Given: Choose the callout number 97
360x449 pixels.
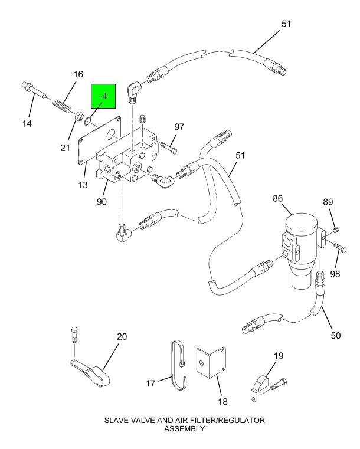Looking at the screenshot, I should pyautogui.click(x=179, y=127).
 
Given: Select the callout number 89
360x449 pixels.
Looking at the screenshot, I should pyautogui.click(x=329, y=202).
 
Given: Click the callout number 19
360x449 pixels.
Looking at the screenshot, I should pyautogui.click(x=278, y=356).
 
